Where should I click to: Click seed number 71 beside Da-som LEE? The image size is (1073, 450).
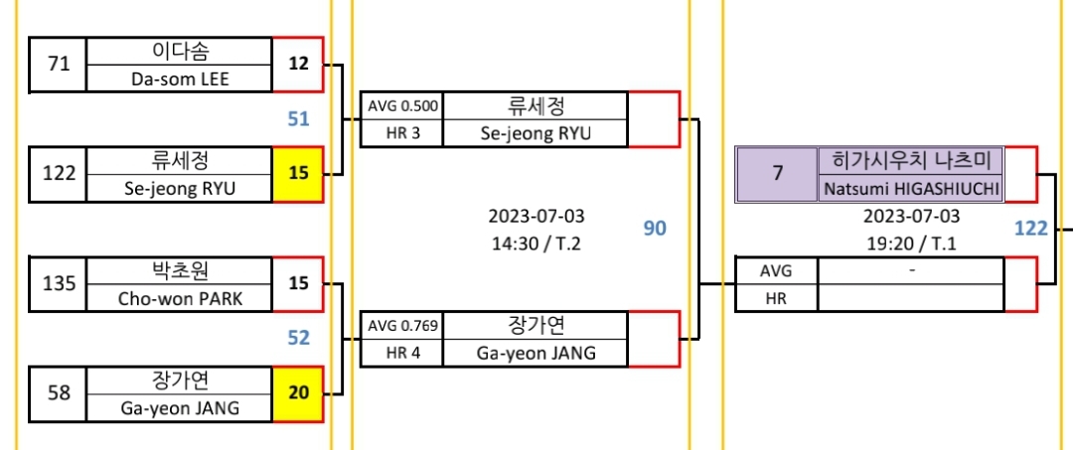point(59,65)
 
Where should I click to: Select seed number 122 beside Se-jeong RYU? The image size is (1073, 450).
point(59,173)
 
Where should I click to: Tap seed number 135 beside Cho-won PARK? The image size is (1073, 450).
point(59,283)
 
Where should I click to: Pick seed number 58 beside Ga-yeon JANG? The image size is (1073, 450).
point(59,392)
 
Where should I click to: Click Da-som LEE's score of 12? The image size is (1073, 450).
point(298,65)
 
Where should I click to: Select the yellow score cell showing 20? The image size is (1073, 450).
point(298,392)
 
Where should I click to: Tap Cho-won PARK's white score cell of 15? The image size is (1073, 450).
point(298,283)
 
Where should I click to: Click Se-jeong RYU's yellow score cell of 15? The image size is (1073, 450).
point(298,173)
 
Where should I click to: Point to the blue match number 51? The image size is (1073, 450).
point(298,119)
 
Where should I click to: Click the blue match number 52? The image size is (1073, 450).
point(298,338)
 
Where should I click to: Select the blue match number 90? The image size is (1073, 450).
point(655,228)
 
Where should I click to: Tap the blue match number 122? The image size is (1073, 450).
point(1030,228)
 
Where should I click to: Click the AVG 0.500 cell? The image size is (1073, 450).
point(402,106)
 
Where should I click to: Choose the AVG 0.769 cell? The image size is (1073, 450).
point(402,325)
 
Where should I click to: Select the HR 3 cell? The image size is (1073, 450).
point(402,133)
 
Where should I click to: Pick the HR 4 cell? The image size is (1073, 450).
point(402,352)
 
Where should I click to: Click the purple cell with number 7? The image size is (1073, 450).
point(777,174)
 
